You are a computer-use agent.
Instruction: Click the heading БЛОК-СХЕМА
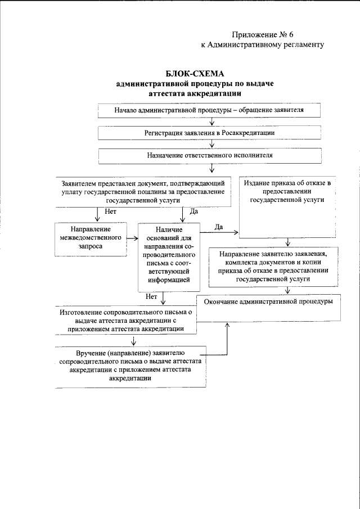[195, 74]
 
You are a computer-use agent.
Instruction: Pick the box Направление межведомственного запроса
[90, 238]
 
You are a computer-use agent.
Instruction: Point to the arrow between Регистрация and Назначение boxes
[211, 143]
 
